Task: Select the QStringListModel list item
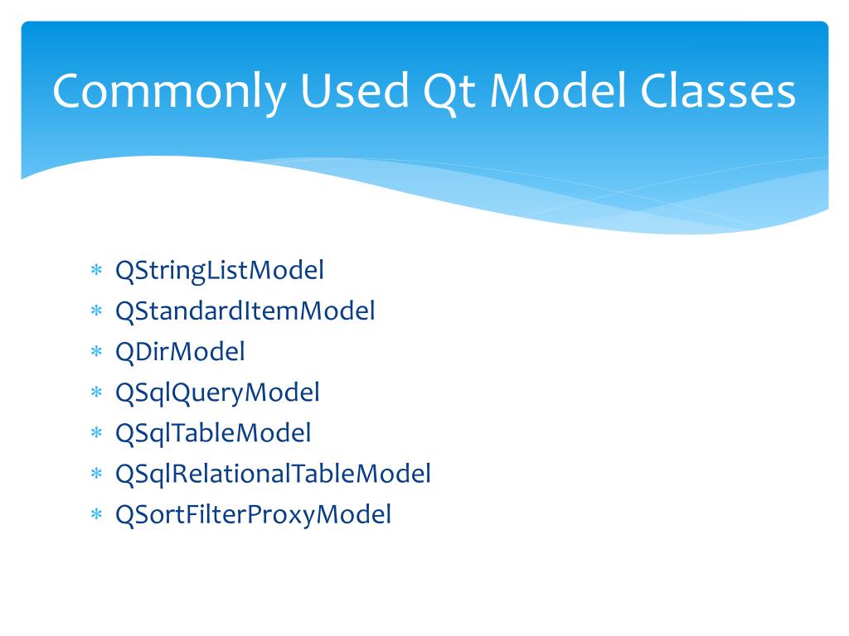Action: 220,271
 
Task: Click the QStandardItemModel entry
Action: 245,311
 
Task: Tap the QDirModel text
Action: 180,352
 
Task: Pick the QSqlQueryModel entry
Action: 217,393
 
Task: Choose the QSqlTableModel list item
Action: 213,433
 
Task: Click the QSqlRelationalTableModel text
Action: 273,474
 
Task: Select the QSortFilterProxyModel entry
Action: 253,514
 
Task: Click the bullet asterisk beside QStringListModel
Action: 96,271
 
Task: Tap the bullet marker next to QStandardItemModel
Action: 96,311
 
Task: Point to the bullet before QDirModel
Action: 96,352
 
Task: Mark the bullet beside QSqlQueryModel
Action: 96,393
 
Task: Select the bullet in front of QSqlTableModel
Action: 96,433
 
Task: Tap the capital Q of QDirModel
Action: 124,352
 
